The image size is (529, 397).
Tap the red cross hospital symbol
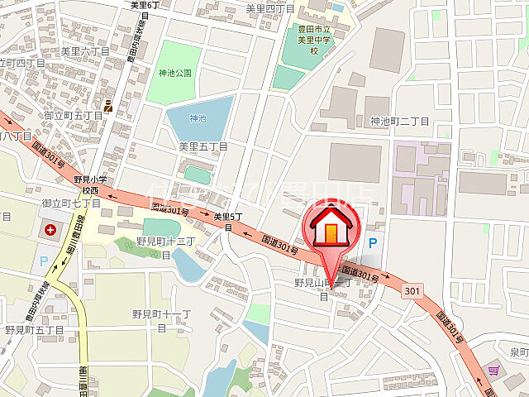pos(52,229)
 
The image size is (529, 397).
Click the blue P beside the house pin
pos(372,243)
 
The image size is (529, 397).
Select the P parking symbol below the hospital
pos(43,259)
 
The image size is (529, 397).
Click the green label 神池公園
pos(175,73)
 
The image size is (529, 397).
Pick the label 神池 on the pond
pos(198,118)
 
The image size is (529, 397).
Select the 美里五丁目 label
pos(203,146)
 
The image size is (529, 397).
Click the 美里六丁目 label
pos(86,51)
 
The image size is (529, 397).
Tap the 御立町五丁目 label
pos(72,116)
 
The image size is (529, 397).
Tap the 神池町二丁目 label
pos(400,122)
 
